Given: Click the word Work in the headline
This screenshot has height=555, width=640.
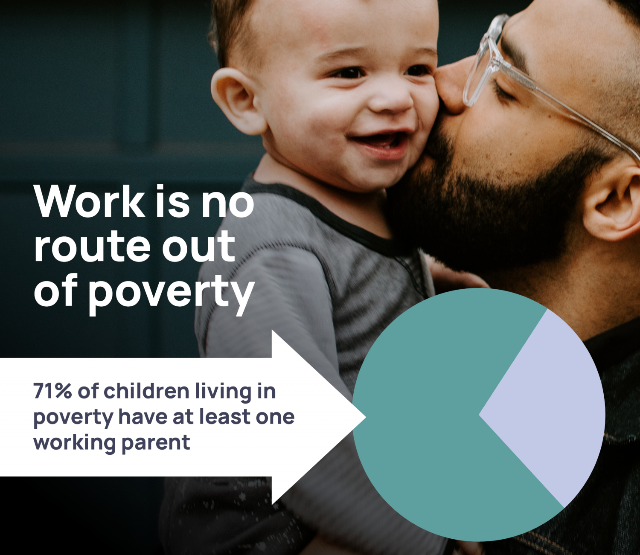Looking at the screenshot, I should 90,201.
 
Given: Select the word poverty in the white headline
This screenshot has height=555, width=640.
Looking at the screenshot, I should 171,293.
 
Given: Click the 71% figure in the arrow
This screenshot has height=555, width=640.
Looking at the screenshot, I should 52,391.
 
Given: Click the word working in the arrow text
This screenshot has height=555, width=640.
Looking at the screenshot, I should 74,443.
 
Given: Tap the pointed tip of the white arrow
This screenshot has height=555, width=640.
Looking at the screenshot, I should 363,417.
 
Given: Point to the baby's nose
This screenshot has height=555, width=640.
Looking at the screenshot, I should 390,100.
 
